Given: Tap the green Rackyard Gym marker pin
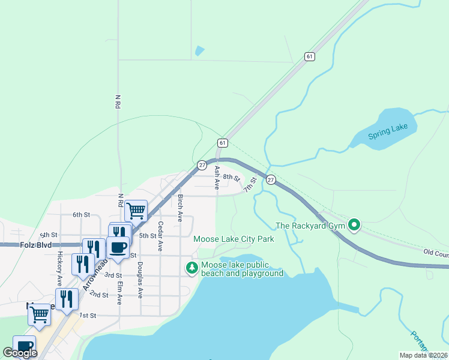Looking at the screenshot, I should (x=354, y=226).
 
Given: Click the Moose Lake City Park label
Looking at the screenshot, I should (x=234, y=239).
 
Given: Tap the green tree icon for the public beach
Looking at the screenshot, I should (x=191, y=268).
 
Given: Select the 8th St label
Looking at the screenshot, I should (x=231, y=177).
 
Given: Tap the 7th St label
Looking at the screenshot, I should (x=250, y=184).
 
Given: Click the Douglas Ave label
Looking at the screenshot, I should (x=140, y=280).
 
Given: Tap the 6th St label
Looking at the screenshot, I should (x=81, y=214).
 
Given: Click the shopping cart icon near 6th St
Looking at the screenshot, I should (x=136, y=210).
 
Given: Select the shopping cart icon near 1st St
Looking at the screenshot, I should (x=40, y=314).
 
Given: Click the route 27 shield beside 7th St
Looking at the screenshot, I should (x=271, y=180).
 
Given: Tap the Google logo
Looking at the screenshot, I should (x=20, y=353).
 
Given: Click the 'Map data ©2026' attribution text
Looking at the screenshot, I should (x=423, y=355).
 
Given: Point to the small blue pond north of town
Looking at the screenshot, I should (x=199, y=52).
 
